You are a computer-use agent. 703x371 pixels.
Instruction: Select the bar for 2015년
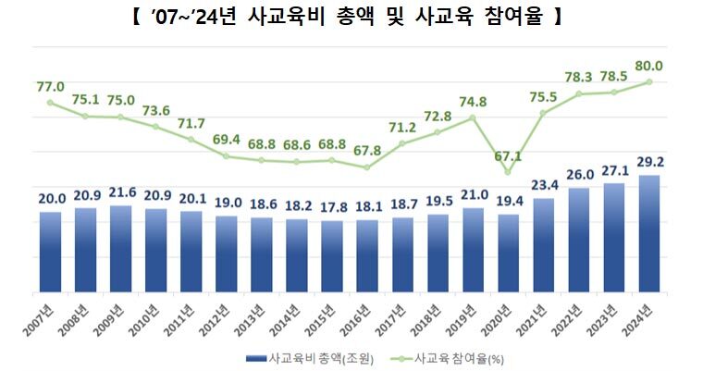point(332,256)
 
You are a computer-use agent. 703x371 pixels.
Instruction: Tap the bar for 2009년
point(121,249)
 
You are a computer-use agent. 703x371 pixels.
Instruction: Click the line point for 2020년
point(508,172)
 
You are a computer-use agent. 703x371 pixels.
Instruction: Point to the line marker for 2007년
point(51,103)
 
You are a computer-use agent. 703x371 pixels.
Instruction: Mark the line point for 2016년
point(367,167)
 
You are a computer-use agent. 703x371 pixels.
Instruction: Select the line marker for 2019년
point(473,117)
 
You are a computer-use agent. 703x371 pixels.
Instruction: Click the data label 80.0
point(649,66)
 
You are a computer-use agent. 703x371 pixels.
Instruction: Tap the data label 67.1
point(509,155)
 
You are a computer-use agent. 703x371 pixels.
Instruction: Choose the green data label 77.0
point(51,87)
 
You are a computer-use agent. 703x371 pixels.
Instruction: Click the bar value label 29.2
point(649,162)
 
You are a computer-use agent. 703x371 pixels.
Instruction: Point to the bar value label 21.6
point(121,192)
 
